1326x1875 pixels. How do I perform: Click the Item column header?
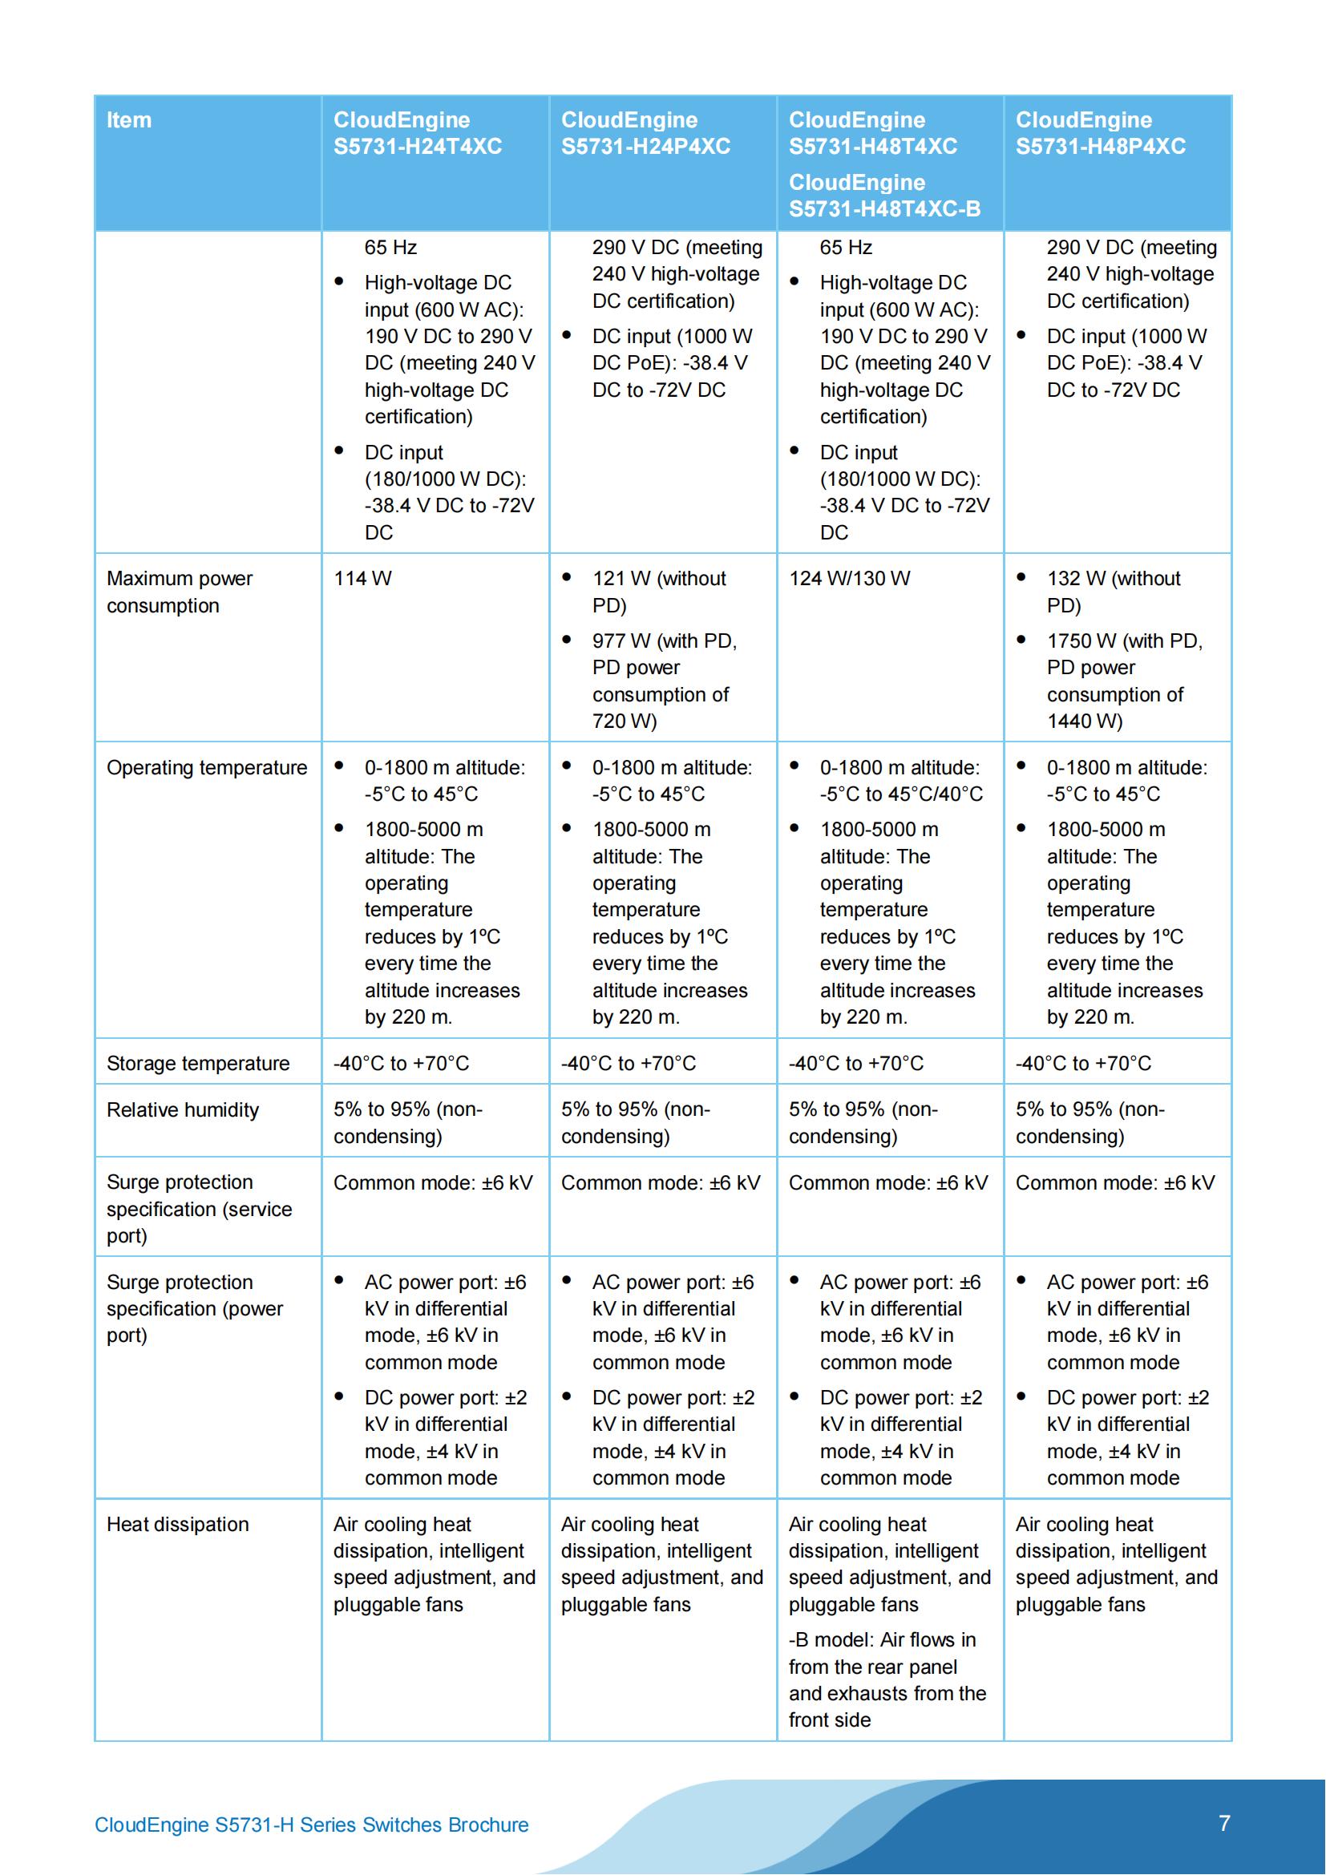(x=129, y=120)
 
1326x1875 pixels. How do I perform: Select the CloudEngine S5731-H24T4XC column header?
(x=417, y=133)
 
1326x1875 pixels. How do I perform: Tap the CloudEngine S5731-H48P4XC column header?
(x=1100, y=133)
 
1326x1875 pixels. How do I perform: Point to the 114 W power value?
(x=362, y=579)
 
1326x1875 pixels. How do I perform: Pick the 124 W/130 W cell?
(x=849, y=579)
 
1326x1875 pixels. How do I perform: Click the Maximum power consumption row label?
(x=179, y=592)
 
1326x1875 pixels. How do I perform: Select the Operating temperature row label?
(x=207, y=768)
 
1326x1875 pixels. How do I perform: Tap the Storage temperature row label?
(x=197, y=1063)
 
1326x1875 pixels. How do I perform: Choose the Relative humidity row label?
(x=182, y=1109)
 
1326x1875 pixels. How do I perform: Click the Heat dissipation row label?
(x=177, y=1524)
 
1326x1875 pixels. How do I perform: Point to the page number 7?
(x=1224, y=1824)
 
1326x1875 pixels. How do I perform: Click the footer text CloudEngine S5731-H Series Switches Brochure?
(x=311, y=1825)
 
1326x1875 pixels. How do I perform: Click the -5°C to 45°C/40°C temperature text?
(x=900, y=794)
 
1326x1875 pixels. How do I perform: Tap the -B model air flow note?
(x=887, y=1679)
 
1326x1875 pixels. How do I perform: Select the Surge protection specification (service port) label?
(x=198, y=1209)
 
